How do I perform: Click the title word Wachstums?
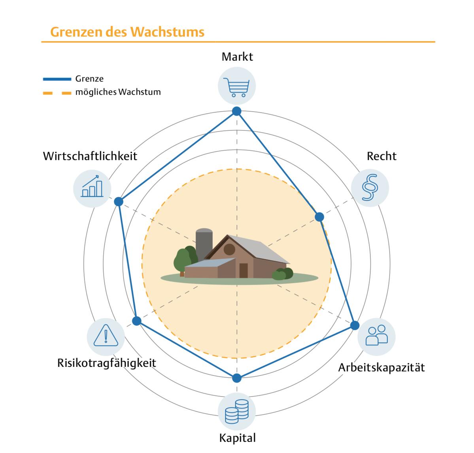(x=167, y=32)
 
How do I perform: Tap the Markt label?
(x=237, y=57)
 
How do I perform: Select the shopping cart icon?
(x=237, y=87)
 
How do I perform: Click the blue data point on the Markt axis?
(x=237, y=111)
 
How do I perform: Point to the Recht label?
(x=381, y=156)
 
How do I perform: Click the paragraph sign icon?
(x=370, y=188)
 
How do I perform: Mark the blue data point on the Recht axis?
(x=319, y=216)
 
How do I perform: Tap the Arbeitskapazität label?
(x=381, y=368)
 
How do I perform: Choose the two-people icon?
(x=376, y=335)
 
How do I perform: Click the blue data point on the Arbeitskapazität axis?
(x=355, y=325)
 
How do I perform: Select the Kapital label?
(x=237, y=438)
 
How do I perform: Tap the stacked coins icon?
(x=237, y=412)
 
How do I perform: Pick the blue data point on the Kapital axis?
(x=237, y=378)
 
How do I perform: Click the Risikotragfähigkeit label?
(x=107, y=363)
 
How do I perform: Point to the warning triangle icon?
(x=106, y=336)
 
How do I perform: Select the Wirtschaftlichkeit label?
(x=90, y=156)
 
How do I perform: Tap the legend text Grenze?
(x=89, y=79)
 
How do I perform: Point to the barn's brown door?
(x=244, y=270)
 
